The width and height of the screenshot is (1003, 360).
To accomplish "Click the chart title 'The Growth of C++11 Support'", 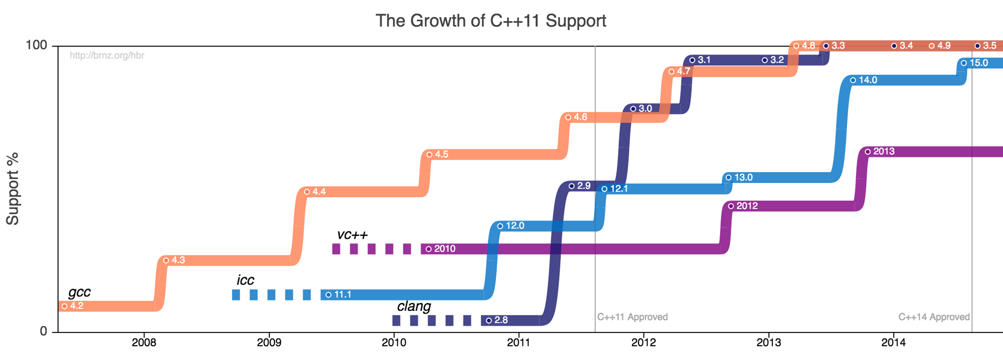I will point(491,21).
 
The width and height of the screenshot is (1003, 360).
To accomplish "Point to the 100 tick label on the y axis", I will point(36,45).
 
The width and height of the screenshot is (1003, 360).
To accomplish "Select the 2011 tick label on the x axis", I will point(518,343).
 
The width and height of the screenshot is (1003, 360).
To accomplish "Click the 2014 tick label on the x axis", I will point(893,343).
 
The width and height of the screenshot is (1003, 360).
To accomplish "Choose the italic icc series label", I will point(245,280).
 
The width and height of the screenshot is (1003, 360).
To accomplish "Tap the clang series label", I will point(414,306).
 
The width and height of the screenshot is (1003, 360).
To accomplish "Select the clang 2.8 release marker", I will point(489,321).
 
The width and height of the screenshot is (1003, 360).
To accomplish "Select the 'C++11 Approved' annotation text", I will point(632,317).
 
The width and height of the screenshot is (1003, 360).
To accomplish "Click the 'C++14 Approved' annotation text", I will point(934,317).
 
